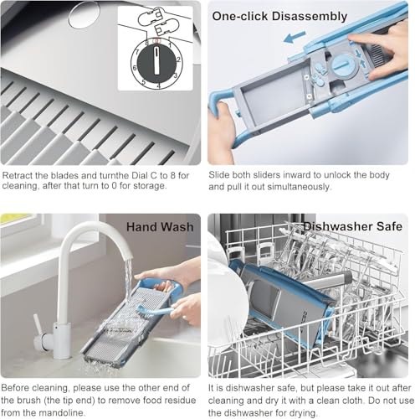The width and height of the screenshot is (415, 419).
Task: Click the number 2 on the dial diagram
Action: tap(179, 59)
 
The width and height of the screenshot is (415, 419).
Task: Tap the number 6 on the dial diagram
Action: tap(135, 68)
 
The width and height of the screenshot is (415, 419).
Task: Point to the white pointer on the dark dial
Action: tap(157, 60)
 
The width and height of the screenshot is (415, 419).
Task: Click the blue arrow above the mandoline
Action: tap(295, 37)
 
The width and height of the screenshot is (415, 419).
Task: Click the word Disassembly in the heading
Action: tap(310, 16)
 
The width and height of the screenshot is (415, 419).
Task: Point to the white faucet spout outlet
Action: tap(128, 256)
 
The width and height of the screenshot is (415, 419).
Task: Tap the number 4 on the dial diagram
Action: tap(158, 85)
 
